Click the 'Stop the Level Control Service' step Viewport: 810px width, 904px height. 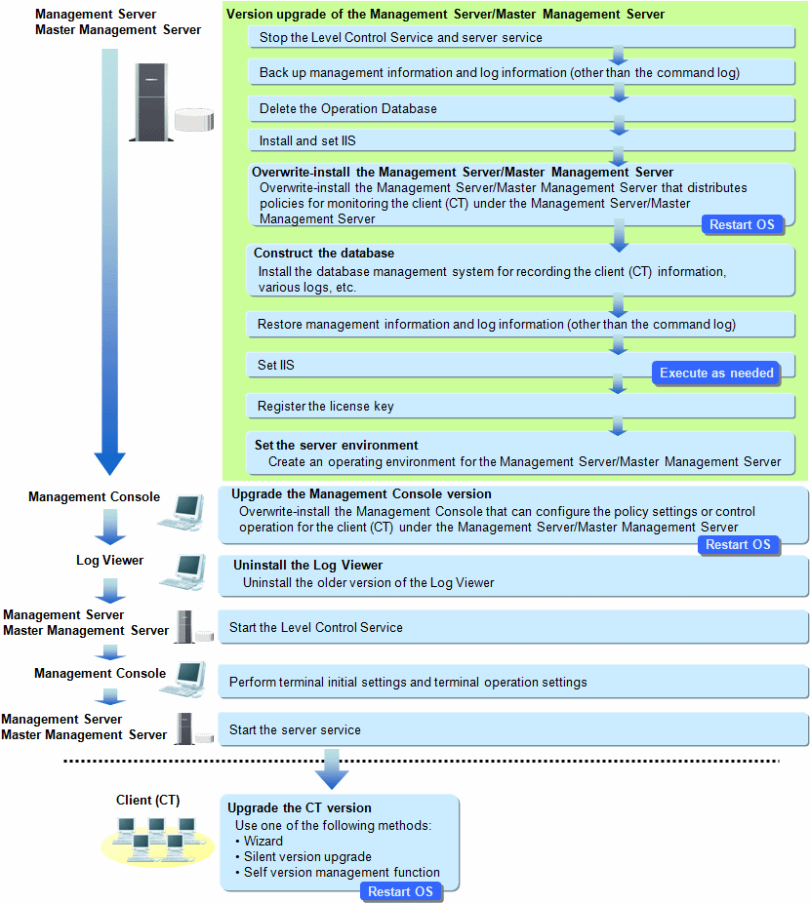tap(521, 37)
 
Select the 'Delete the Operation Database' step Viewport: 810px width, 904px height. tap(521, 109)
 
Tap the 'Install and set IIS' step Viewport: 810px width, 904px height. tap(521, 140)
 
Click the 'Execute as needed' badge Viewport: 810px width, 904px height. tap(716, 373)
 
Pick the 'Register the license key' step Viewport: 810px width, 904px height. tap(520, 407)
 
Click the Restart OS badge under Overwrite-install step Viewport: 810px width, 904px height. tap(742, 225)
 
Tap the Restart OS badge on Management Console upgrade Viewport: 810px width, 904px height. tap(738, 545)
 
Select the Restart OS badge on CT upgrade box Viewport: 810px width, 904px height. tap(400, 891)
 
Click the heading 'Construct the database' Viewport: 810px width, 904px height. tap(324, 254)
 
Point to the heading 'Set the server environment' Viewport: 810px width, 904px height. tap(337, 445)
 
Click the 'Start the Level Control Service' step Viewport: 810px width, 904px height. tap(513, 627)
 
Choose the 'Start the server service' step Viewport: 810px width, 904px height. tap(513, 729)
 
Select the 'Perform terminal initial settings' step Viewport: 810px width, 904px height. tap(513, 682)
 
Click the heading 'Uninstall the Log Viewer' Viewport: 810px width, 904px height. tap(308, 565)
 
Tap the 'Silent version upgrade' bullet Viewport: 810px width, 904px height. tap(307, 857)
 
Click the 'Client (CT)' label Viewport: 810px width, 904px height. tap(147, 801)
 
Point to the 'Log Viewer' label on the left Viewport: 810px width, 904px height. tap(109, 561)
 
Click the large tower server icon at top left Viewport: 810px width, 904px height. tap(151, 102)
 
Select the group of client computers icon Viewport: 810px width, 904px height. tap(157, 842)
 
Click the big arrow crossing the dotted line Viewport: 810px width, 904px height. tap(332, 769)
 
